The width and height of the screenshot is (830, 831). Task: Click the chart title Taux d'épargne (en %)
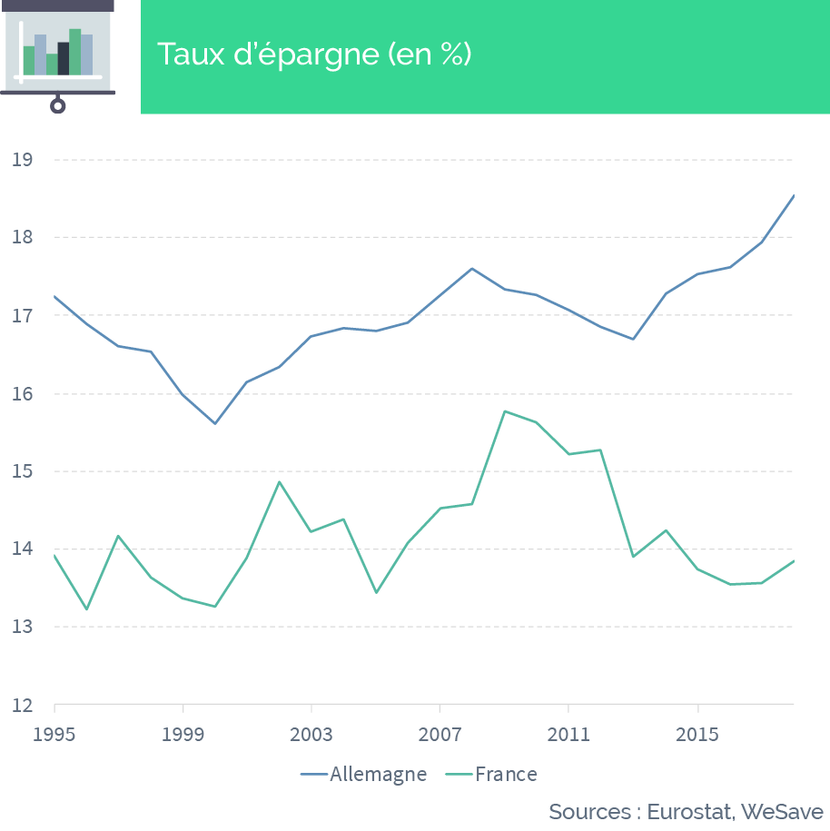tap(314, 54)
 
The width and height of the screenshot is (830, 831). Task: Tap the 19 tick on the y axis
tap(23, 160)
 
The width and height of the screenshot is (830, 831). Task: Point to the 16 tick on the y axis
tap(23, 394)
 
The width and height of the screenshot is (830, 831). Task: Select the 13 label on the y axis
tap(23, 627)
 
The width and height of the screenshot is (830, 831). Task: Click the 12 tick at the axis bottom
tap(23, 706)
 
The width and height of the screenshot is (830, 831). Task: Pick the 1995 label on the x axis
tap(54, 735)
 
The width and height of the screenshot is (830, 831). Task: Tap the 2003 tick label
tap(311, 735)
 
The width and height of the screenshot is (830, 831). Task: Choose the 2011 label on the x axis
tap(568, 735)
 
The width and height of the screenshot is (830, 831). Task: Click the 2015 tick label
tap(697, 735)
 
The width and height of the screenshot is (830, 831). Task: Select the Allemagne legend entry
tap(363, 775)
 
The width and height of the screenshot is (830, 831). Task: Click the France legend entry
tap(490, 775)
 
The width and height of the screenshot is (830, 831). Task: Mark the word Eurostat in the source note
tap(690, 812)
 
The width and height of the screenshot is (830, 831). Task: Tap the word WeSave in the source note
tap(782, 812)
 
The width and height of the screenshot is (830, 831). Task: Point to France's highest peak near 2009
tap(505, 411)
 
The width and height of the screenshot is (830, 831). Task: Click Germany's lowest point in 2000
tap(215, 423)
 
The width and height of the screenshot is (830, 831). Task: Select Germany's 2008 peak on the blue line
tap(471, 269)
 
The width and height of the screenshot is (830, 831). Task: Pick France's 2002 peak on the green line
tap(280, 481)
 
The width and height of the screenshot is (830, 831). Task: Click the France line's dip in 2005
tap(376, 592)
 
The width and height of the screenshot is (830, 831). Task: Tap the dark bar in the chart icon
tap(63, 58)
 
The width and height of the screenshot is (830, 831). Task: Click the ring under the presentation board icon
tap(58, 106)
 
